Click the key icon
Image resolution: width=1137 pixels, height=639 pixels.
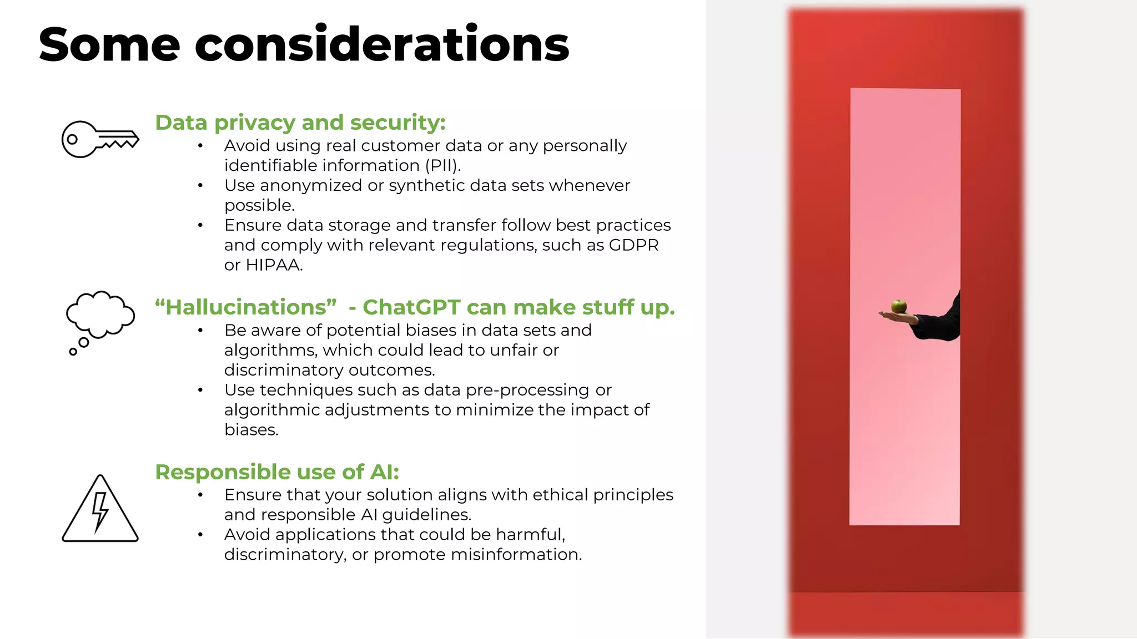coord(100,139)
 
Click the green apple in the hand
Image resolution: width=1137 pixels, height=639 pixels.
coord(898,306)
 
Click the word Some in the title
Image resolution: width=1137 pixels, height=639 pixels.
coord(109,44)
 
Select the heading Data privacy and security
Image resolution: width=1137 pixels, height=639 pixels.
coord(300,123)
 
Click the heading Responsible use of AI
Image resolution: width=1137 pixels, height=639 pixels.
coord(277,472)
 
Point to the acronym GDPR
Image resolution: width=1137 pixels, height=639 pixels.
coord(633,245)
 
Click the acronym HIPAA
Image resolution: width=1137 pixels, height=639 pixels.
coord(274,265)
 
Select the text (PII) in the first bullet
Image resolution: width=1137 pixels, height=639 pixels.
coord(442,166)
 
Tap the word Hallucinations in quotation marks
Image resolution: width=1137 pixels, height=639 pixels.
coord(246,307)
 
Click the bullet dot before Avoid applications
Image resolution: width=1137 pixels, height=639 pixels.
coord(200,535)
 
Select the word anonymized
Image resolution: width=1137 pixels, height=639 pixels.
coord(311,186)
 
